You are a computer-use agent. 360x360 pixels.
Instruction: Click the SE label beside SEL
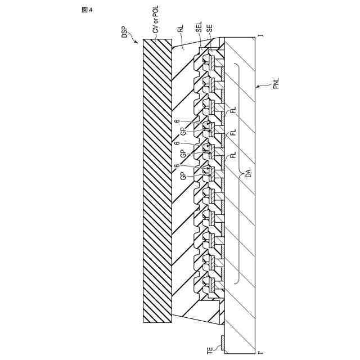[210, 29]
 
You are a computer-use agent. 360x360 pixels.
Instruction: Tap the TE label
[210, 349]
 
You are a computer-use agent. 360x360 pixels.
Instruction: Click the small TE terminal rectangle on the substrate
[223, 341]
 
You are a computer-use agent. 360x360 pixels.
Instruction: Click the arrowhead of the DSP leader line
[137, 41]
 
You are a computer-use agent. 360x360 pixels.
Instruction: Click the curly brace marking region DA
[239, 174]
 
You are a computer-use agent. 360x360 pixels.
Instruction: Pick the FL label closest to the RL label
[232, 110]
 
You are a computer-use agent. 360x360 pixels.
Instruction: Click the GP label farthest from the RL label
[183, 175]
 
